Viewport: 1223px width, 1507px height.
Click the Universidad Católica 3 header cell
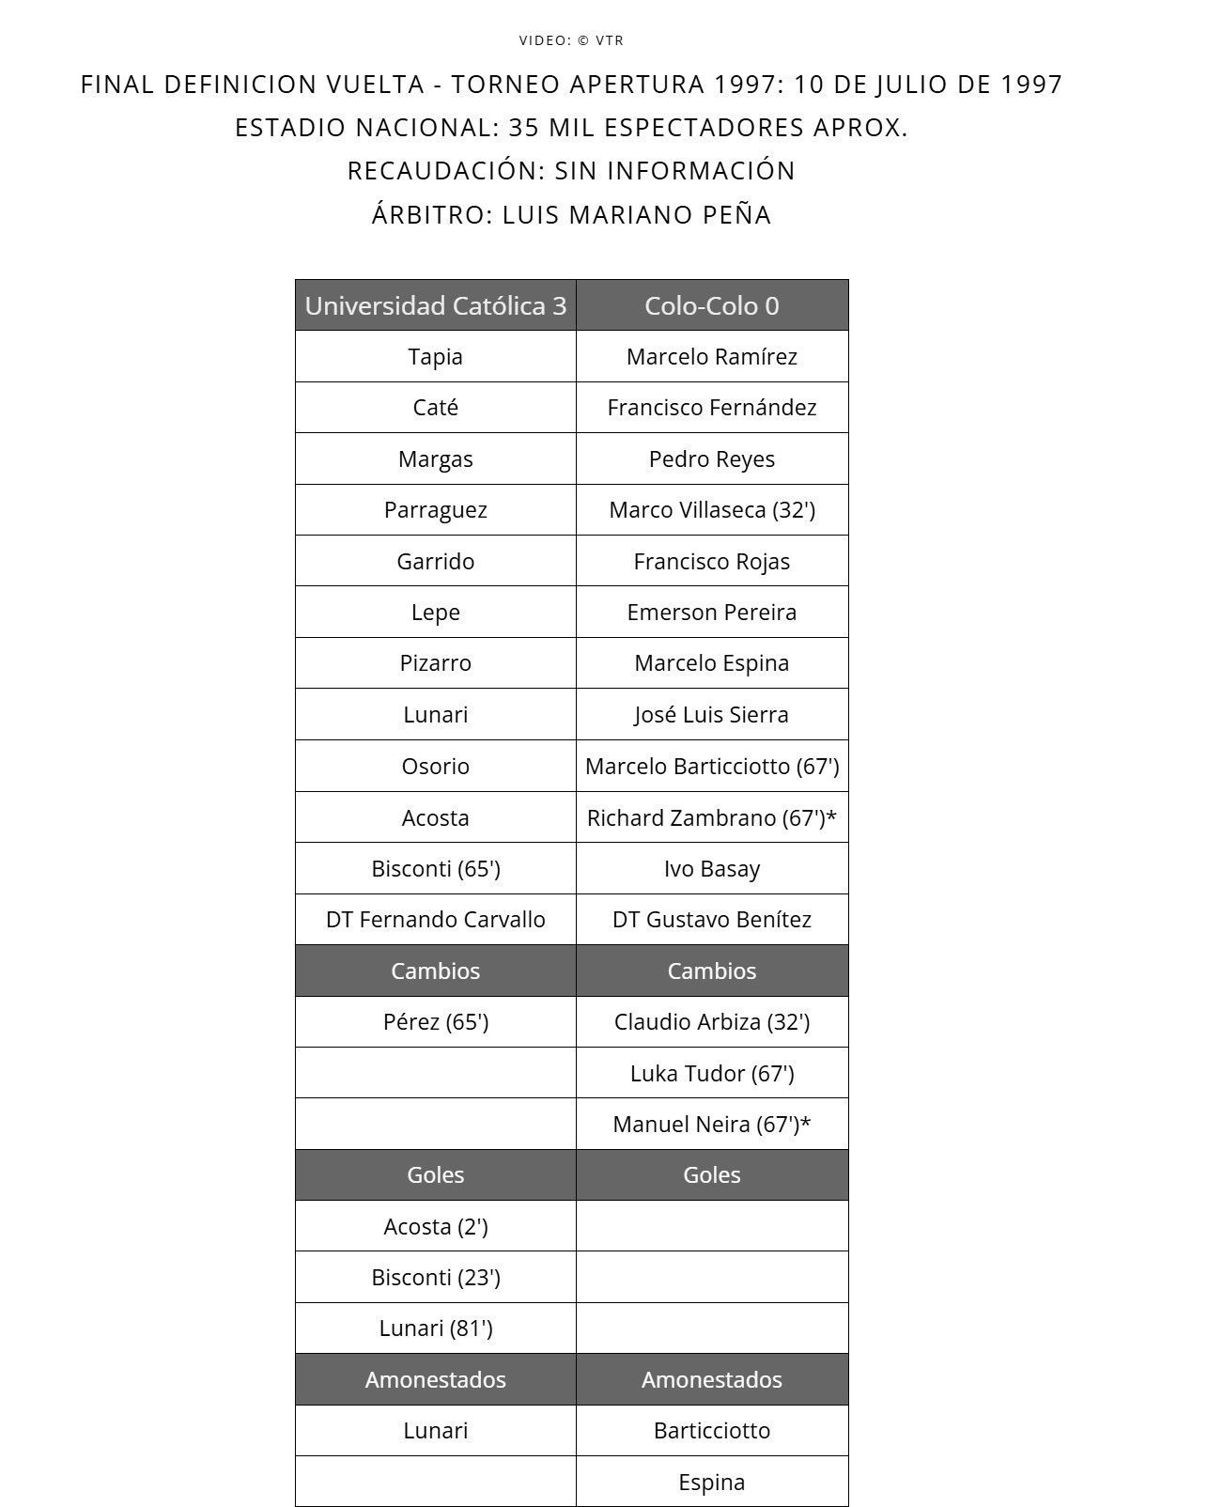435,305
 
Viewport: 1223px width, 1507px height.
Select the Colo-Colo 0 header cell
711,305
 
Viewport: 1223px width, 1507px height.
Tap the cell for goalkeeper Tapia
435,357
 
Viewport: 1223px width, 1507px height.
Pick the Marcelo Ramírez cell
711,357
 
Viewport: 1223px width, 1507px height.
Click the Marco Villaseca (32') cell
711,510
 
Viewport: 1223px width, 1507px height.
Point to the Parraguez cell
435,510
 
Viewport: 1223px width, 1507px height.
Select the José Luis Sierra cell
711,715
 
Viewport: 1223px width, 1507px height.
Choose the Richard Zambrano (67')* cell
711,817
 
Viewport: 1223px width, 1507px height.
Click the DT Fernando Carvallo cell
435,920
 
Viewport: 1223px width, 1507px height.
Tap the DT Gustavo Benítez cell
711,920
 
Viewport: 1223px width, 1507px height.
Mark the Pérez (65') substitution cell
435,1022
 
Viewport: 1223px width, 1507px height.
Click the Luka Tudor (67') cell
711,1073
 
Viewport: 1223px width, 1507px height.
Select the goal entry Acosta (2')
435,1226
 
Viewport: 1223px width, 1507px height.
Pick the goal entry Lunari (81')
435,1328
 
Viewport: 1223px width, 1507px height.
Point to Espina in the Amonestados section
711,1482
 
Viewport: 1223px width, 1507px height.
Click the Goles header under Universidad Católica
435,1175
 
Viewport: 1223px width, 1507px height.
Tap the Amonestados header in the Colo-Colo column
711,1380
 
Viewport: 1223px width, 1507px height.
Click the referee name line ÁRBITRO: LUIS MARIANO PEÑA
571,215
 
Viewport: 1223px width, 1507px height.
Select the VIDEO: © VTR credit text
571,40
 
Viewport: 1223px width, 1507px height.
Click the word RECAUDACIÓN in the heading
446,171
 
